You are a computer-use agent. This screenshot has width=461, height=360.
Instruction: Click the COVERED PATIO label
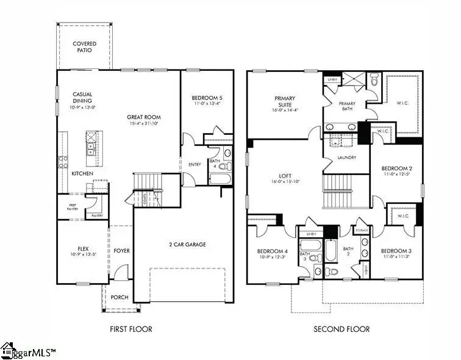coord(84,48)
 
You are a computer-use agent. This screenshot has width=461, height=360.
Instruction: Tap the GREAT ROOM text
coord(144,117)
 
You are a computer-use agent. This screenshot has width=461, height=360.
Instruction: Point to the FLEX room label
coord(83,249)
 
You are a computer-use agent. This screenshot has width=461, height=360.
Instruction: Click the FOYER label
coord(121,251)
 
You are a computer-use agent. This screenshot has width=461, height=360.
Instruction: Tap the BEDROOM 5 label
coord(207,98)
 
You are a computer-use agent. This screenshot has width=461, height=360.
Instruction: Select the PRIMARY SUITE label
coord(285,101)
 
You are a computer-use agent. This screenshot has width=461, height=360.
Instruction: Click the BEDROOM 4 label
coord(272,251)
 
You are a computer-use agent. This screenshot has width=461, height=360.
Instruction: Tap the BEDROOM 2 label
coord(397,168)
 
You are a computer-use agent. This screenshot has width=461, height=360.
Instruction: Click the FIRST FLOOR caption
coord(131,329)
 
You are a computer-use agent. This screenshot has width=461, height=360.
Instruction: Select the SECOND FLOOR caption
coord(341,329)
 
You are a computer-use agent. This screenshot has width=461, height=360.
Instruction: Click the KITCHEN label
coord(82,174)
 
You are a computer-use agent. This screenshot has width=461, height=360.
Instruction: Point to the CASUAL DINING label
coord(82,98)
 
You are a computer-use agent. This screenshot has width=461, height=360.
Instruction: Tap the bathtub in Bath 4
coord(220,179)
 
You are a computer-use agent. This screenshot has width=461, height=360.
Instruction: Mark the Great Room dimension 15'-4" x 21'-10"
coord(144,124)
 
